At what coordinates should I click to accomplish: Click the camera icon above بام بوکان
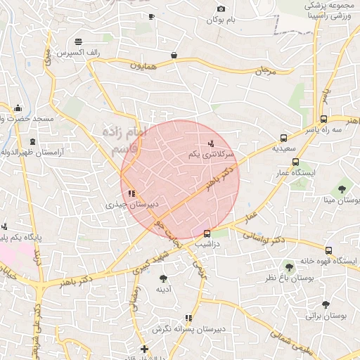coord(221,9)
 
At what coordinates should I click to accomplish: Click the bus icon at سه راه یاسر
coord(323,119)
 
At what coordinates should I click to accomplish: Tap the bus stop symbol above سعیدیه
coord(283,139)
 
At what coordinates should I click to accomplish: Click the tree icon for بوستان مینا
coord(342,188)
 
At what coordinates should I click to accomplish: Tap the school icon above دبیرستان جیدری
coord(131,194)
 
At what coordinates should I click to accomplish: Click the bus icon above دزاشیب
coord(207,233)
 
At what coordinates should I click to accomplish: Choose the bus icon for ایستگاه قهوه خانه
coord(328,250)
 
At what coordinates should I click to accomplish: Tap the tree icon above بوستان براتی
coord(326,304)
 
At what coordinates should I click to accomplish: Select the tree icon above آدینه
coord(164,278)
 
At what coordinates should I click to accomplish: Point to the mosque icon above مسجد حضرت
coord(18,108)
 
